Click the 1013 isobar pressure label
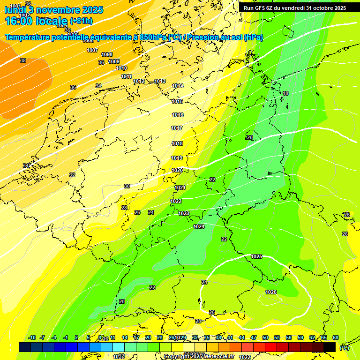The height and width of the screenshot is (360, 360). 160,81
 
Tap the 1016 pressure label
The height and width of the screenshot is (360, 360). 178,115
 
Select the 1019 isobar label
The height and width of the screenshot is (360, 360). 177,158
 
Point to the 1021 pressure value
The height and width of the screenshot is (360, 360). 180,187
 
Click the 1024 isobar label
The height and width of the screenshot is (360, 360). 199,226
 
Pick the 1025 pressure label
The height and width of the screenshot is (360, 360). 256,256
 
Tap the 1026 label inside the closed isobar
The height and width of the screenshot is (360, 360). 271,292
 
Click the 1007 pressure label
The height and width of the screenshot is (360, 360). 92,50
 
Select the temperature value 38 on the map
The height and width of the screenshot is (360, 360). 23,60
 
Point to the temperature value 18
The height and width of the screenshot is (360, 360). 285,93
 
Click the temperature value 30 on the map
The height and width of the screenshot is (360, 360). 127,186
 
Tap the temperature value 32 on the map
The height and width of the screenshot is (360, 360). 72,175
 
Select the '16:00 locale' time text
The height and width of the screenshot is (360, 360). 36,21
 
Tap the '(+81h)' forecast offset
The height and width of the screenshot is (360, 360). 81,21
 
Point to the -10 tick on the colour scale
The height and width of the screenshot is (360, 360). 32,337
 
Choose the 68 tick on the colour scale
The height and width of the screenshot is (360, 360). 336,337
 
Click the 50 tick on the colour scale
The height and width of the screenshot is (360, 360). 265,337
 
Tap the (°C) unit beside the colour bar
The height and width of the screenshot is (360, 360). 344,348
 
